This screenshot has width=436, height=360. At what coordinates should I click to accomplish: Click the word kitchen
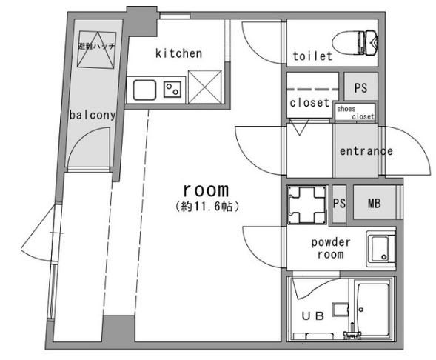178,53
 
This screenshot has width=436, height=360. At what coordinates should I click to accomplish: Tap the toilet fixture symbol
355,42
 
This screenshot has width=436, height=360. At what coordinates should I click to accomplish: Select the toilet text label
312,56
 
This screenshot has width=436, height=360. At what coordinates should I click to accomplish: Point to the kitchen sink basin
144,90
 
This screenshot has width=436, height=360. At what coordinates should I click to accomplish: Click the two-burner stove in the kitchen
172,90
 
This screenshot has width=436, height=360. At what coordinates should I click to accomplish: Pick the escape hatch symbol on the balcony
97,50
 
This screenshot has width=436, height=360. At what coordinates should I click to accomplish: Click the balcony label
93,115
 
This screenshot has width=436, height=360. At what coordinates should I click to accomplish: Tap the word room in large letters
206,190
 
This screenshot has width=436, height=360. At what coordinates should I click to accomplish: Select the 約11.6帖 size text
207,207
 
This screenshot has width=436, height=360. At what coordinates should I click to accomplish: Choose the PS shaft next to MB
339,204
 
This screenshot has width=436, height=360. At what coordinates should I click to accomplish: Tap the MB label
375,204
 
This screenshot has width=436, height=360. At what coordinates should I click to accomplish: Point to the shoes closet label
355,113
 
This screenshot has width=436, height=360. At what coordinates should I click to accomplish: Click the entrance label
366,151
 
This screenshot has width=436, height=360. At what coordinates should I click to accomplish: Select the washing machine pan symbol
307,205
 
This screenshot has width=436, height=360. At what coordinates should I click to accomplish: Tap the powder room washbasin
380,248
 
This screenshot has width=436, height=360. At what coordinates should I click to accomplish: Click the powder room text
331,248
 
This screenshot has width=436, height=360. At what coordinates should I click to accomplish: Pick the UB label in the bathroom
313,316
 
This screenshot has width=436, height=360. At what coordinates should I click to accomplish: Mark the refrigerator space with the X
205,87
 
